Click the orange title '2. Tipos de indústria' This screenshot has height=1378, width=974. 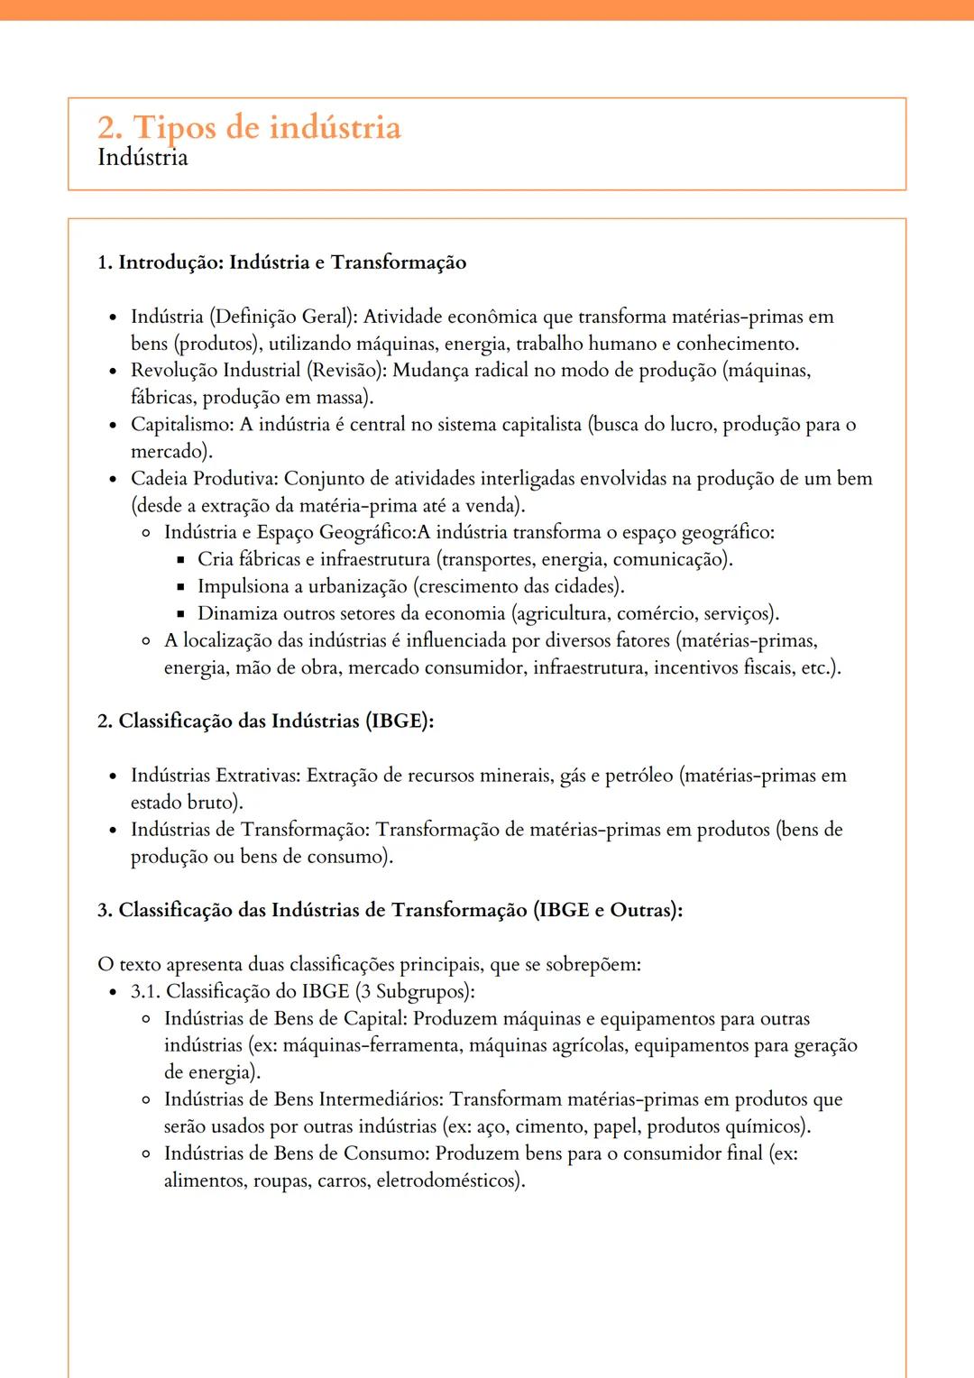[249, 127]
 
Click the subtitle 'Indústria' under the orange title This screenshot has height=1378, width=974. [142, 158]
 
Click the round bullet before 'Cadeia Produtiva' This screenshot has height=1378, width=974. [113, 480]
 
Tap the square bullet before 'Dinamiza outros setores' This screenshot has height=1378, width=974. [180, 614]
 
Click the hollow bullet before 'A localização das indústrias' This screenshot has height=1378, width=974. [146, 641]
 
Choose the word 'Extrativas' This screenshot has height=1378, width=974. [257, 776]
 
